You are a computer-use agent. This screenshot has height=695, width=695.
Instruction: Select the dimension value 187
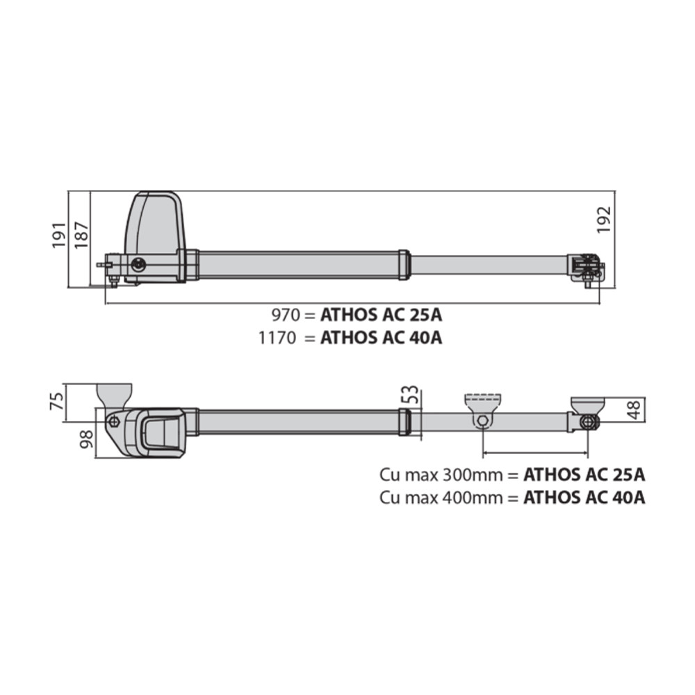pos(81,236)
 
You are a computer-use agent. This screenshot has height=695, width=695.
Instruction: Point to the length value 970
pos(285,315)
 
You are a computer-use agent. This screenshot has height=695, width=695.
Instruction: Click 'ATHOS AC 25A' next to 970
pos(381,315)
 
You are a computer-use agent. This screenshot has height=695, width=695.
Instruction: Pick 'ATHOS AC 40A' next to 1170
pos(381,338)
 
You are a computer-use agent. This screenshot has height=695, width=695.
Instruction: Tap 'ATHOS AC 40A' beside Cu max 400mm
pos(584,498)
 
